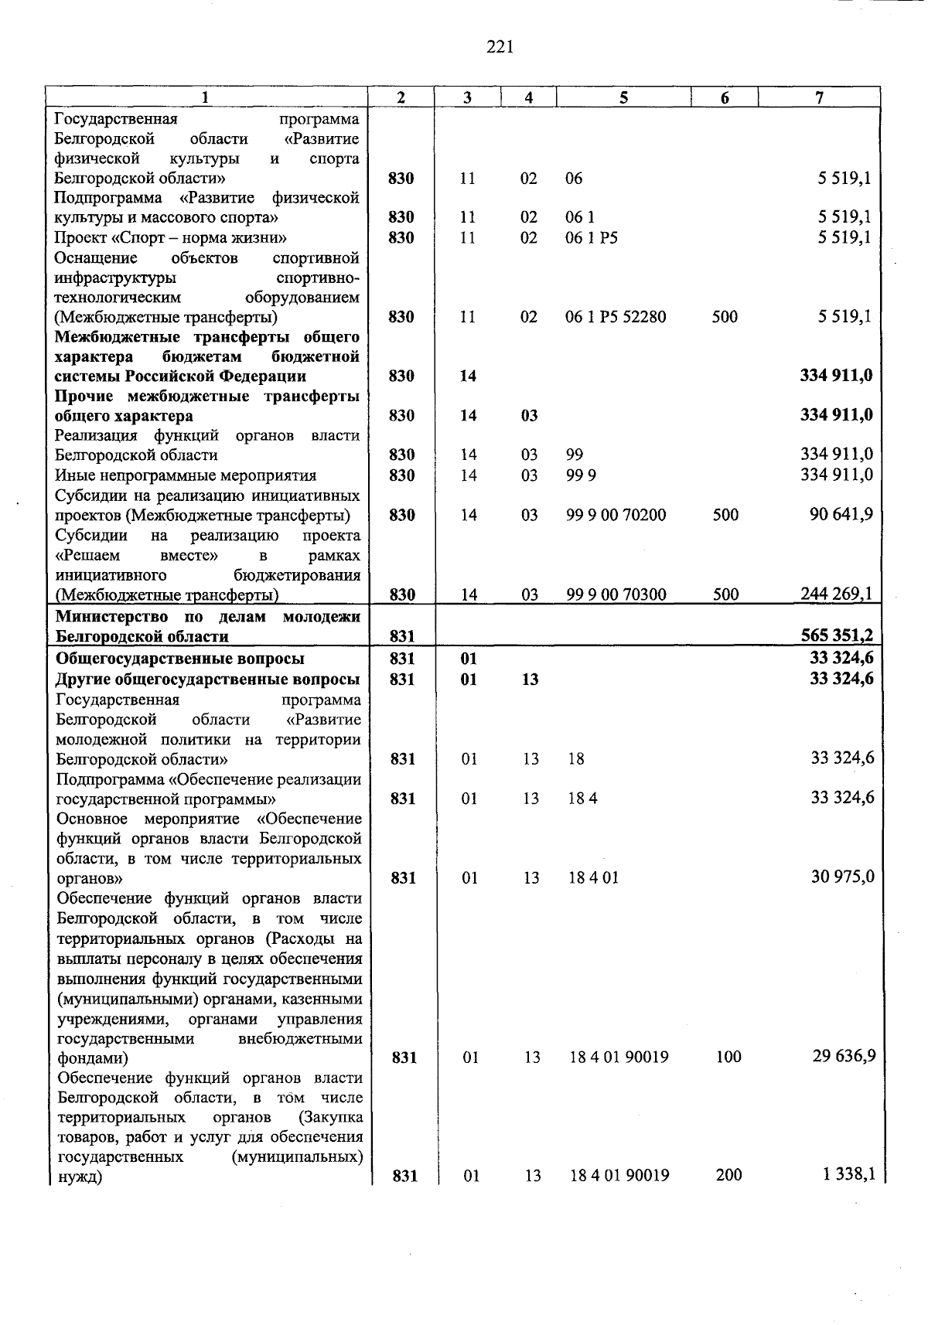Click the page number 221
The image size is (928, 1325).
tap(500, 48)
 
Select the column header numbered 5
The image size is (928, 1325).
tap(623, 97)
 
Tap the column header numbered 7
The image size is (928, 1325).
tap(819, 97)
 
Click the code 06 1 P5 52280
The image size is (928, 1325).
tap(616, 317)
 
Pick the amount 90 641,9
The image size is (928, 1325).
tap(841, 514)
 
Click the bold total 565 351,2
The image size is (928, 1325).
tap(836, 635)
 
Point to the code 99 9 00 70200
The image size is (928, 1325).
tap(616, 515)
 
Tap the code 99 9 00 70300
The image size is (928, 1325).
tap(616, 594)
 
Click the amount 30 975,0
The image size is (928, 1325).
tap(842, 877)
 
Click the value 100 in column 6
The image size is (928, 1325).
tap(728, 1057)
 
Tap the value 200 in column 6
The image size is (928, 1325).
tap(728, 1175)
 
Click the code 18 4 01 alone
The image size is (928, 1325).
tap(594, 878)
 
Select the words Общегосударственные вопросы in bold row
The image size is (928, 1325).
tap(179, 659)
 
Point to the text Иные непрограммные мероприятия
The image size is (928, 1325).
tap(186, 475)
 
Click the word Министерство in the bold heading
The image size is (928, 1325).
tap(111, 617)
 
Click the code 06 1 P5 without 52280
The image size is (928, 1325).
tap(592, 238)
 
